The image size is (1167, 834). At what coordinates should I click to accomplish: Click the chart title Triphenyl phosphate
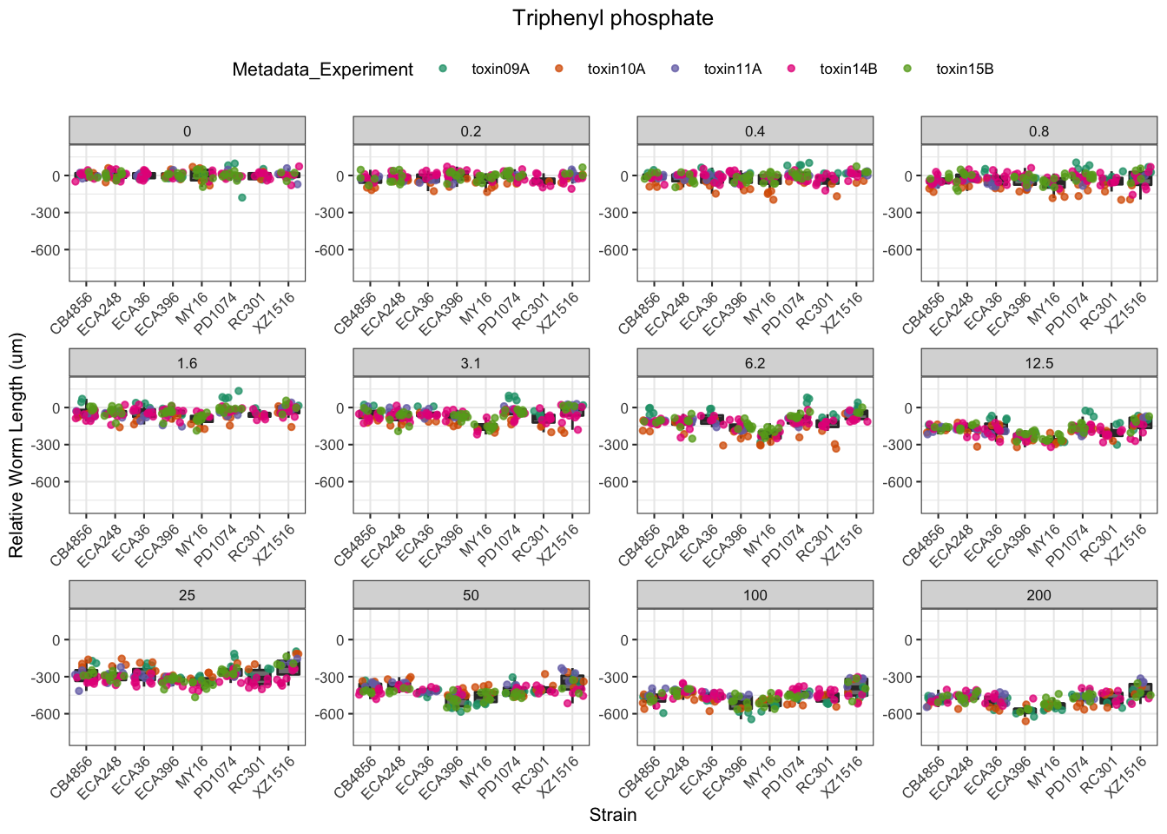click(612, 18)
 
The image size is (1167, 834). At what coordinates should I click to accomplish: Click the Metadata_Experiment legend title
click(322, 69)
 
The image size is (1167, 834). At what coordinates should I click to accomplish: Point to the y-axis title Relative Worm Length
click(16, 446)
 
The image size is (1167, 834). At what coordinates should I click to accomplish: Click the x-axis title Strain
click(612, 815)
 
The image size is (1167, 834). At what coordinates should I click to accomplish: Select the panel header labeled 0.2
click(471, 131)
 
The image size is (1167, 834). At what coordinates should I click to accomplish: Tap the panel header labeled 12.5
click(1038, 363)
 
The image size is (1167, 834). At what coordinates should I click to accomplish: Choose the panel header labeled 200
click(1038, 595)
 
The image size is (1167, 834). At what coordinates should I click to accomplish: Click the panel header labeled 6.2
click(755, 363)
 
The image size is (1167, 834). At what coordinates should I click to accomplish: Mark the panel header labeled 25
click(187, 595)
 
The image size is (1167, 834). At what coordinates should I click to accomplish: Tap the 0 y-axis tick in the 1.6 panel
click(56, 408)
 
